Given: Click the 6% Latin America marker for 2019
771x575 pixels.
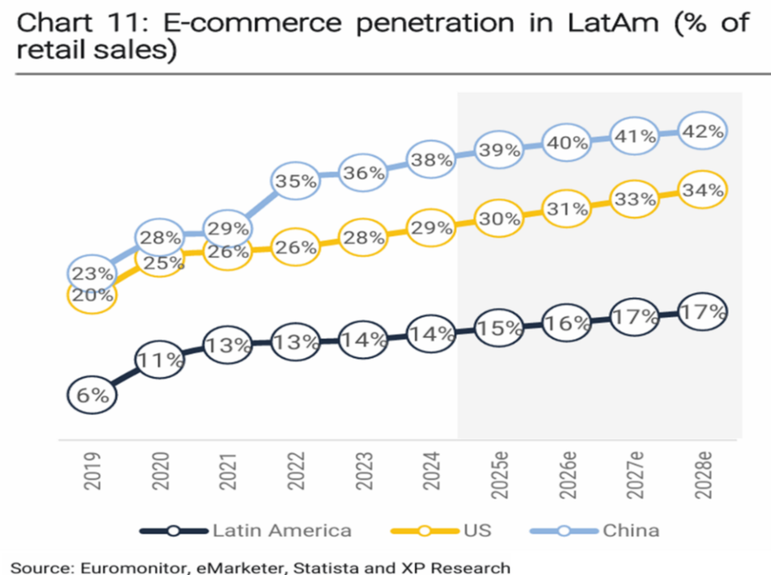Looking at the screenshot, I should click(x=93, y=394).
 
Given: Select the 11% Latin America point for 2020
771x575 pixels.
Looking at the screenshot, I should click(x=160, y=359).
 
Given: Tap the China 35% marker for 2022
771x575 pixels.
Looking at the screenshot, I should click(x=296, y=181).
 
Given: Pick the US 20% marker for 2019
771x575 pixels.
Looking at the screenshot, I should click(x=92, y=294).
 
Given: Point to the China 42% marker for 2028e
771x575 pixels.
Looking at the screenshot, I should click(x=703, y=132).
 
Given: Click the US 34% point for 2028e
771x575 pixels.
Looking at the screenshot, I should click(x=703, y=190).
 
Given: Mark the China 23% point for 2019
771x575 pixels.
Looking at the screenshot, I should click(x=92, y=273).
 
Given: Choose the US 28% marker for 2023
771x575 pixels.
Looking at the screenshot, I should click(x=364, y=238).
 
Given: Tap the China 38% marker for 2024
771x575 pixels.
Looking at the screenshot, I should click(x=432, y=161).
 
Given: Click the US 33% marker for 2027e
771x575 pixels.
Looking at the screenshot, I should click(x=635, y=200).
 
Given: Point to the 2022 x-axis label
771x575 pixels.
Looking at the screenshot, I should click(x=296, y=472).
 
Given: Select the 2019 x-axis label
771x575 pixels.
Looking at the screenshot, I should click(x=93, y=472).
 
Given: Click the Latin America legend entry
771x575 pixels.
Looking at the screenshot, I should click(x=281, y=530).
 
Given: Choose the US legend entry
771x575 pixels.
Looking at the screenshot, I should click(x=477, y=530).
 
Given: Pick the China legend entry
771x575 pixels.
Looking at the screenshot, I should click(x=631, y=530).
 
